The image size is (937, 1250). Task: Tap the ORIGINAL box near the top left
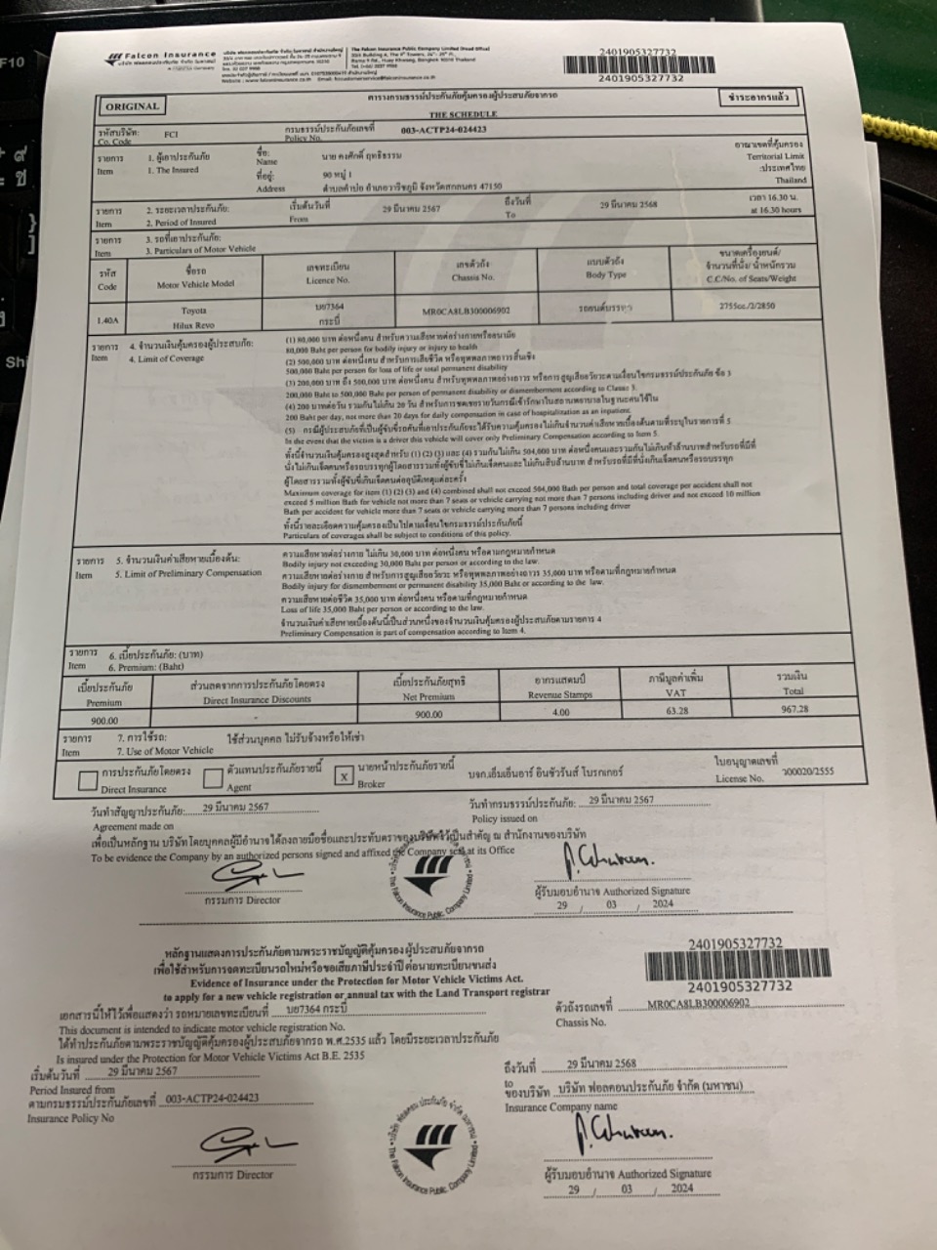[132, 106]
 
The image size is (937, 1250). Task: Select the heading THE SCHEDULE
[463, 114]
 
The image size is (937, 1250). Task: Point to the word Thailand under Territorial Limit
[792, 180]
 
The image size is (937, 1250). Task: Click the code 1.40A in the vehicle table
[106, 318]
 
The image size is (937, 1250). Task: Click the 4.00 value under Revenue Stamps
[559, 712]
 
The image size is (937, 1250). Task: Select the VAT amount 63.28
[676, 711]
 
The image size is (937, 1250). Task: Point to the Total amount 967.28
[795, 709]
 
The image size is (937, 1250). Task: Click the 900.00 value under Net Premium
[428, 714]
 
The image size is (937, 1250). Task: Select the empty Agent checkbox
[213, 778]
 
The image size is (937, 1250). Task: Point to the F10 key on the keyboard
[13, 62]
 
